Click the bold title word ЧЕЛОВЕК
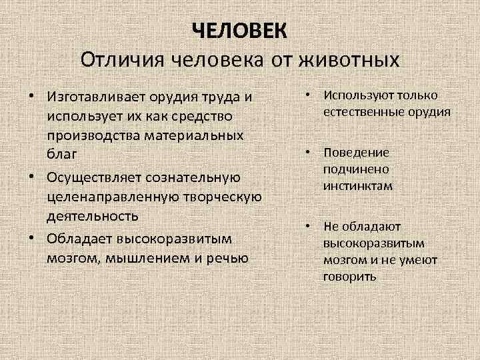coord(240,31)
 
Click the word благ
coord(63,154)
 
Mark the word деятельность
coord(93,216)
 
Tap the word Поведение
coord(357,153)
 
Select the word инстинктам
coord(359,186)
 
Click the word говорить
coord(350,275)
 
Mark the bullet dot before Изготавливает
coord(31,97)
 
